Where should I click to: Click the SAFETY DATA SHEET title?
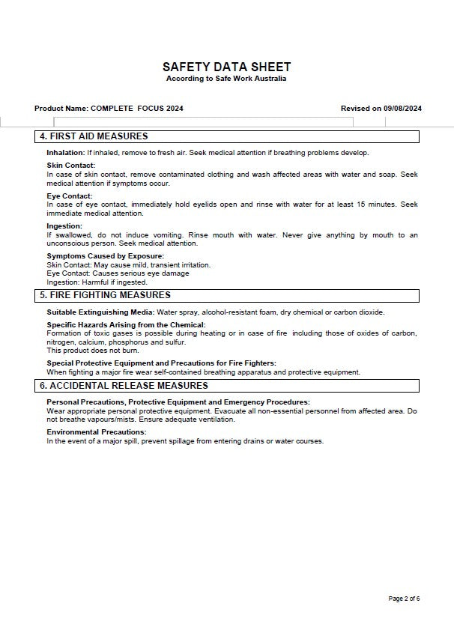[x=226, y=67]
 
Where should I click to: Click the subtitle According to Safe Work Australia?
[x=226, y=79]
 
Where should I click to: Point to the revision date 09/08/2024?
[x=402, y=109]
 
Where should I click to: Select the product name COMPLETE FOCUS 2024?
[x=137, y=109]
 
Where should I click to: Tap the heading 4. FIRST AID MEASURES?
[x=94, y=136]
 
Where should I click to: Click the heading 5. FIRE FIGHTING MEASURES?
[x=105, y=295]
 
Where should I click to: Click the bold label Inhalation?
[x=65, y=153]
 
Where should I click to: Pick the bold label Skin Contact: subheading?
[x=70, y=166]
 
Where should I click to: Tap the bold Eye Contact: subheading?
[x=69, y=196]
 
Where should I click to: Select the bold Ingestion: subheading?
[x=64, y=226]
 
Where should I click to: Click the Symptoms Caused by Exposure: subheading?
[x=105, y=256]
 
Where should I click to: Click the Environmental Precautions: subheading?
[x=96, y=432]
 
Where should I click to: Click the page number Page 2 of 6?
[x=404, y=599]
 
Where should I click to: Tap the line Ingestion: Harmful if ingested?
[x=97, y=282]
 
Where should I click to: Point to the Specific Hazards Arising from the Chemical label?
[x=125, y=325]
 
